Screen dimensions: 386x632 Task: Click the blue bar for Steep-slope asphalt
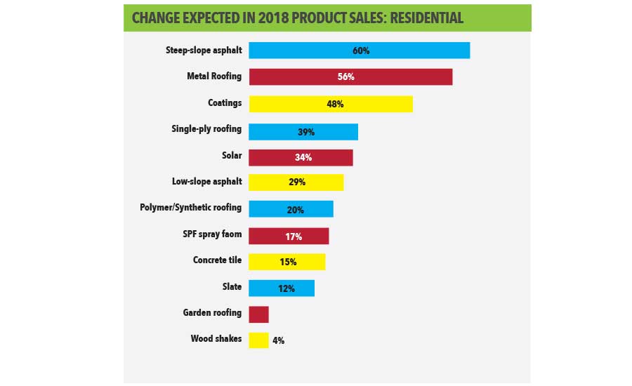[359, 51]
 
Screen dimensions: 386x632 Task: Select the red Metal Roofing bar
[350, 76]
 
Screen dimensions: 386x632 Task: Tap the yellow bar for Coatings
[331, 103]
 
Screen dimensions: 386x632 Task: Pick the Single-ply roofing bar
[303, 131]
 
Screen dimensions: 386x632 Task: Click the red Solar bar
[301, 157]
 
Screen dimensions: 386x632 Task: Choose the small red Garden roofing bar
[258, 314]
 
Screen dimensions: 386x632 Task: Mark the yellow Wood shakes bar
[258, 340]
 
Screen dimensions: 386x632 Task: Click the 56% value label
[345, 76]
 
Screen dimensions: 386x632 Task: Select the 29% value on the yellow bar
[296, 182]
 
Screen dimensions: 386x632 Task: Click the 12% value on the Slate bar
[285, 288]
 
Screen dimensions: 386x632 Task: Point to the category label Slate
[231, 286]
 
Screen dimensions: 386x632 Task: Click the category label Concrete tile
[217, 260]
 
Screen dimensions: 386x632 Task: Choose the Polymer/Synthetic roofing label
[191, 208]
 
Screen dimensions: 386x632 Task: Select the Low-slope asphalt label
[206, 182]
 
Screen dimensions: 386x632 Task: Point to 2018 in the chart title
[270, 18]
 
